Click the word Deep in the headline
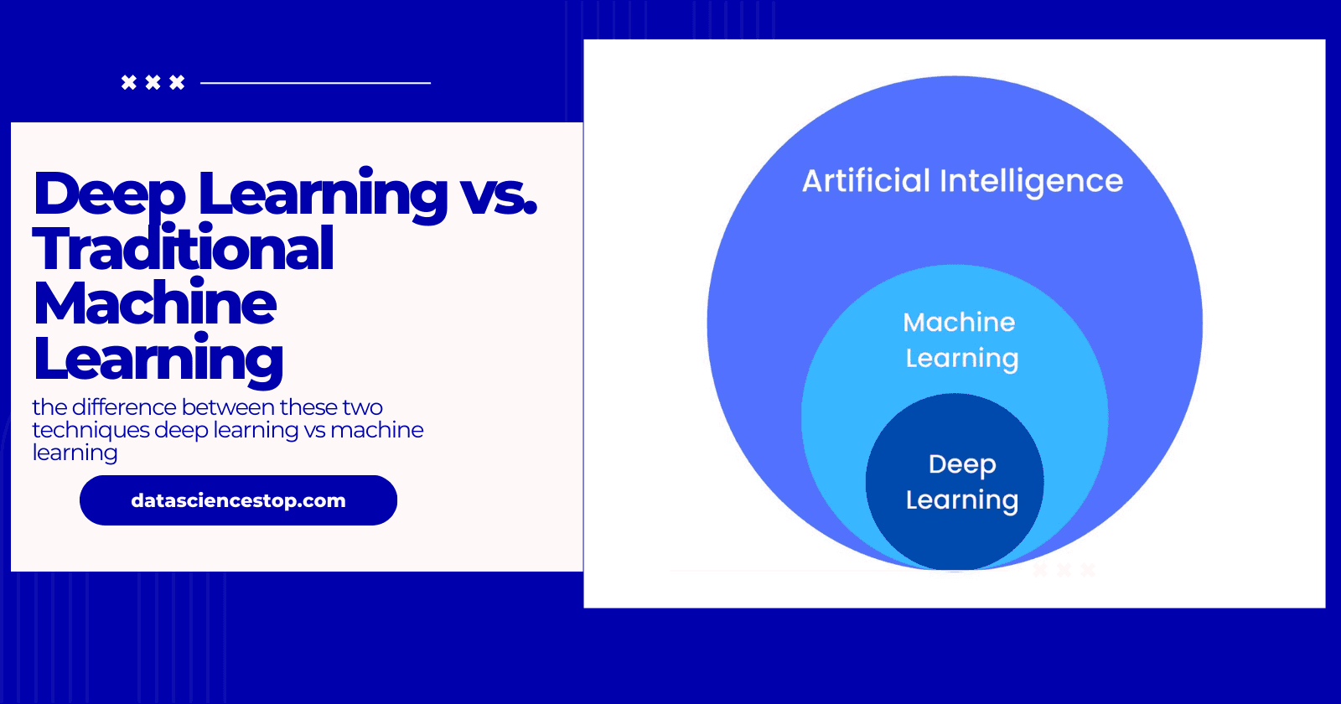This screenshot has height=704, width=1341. click(109, 194)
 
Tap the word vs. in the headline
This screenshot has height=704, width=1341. click(498, 194)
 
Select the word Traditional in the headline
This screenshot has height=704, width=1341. click(183, 249)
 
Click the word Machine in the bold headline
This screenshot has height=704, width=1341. click(155, 303)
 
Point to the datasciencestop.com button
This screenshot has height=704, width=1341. click(238, 500)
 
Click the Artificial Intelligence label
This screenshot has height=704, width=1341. click(962, 181)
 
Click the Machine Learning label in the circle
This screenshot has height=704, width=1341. click(960, 340)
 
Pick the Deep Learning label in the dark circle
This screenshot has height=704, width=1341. click(961, 482)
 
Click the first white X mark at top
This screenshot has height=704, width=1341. click(129, 82)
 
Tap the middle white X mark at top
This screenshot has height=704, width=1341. click(153, 82)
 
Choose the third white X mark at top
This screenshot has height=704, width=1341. click(177, 82)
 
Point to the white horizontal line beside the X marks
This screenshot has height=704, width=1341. click(315, 83)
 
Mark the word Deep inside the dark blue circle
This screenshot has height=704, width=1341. click(962, 463)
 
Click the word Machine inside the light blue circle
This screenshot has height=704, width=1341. click(959, 323)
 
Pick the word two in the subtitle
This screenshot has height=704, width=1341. click(363, 407)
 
